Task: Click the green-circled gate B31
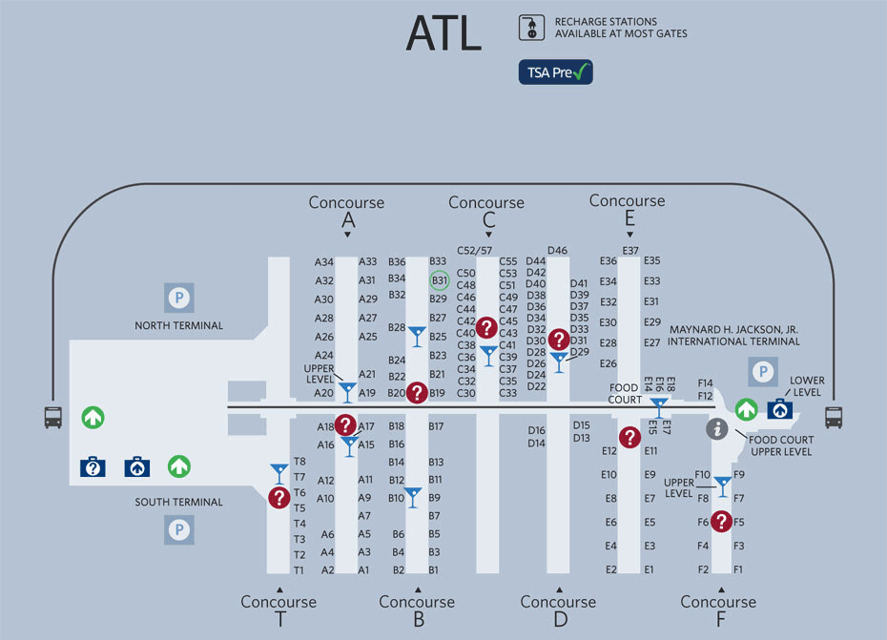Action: (x=439, y=280)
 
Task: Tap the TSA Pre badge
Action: (x=555, y=72)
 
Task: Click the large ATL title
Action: (x=443, y=35)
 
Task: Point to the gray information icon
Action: (x=717, y=429)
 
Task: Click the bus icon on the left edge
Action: (x=53, y=417)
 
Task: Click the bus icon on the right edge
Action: (x=834, y=417)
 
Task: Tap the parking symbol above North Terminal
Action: (x=178, y=299)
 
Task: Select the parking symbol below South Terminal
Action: (x=178, y=529)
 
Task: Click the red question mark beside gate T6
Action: (x=278, y=497)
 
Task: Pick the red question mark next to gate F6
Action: (x=722, y=521)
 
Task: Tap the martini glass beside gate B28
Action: (x=417, y=336)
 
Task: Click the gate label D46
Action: (x=557, y=251)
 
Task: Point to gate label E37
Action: (x=630, y=251)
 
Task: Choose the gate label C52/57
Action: (x=474, y=250)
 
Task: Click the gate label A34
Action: (x=324, y=262)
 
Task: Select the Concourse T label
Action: (x=278, y=610)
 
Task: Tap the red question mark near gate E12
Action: (x=629, y=437)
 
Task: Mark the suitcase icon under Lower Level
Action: (x=780, y=409)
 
